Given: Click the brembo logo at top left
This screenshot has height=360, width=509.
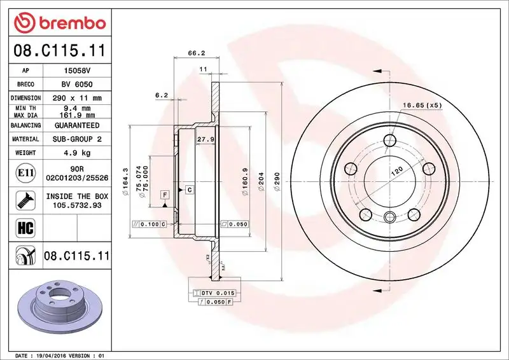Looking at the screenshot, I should point(59,24).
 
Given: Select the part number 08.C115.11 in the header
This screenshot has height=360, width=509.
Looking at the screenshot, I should point(59,51).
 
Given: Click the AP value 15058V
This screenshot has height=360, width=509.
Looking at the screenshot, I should point(78,71).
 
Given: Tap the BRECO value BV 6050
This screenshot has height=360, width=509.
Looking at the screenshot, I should point(78,85).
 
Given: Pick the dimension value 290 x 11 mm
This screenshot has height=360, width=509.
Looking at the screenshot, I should point(78,98).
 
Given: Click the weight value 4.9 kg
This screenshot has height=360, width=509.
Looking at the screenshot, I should point(78,153).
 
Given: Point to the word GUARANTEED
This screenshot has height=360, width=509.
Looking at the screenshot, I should point(78,126).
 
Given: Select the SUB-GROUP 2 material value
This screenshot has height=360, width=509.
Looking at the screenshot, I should point(78,139).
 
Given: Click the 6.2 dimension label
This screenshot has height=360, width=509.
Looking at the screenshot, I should point(162,95).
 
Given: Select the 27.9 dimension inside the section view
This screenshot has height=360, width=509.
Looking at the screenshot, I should point(205,139).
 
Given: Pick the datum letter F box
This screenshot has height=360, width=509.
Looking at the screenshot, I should point(165,194).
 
